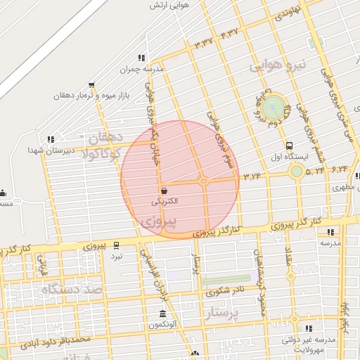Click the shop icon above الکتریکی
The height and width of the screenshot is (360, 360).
tap(164, 191)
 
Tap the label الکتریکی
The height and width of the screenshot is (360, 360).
tap(165, 201)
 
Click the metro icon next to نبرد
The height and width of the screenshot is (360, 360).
tap(116, 245)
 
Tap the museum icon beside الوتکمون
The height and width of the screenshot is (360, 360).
tap(163, 314)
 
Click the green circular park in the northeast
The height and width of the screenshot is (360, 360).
tap(276, 108)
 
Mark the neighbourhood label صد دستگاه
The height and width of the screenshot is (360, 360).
tap(72, 288)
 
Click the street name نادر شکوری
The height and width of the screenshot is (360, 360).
tap(229, 289)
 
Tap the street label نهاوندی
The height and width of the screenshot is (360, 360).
tap(290, 11)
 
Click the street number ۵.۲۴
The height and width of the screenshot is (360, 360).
tap(315, 169)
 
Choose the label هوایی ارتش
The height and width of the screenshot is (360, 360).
tap(171, 6)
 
